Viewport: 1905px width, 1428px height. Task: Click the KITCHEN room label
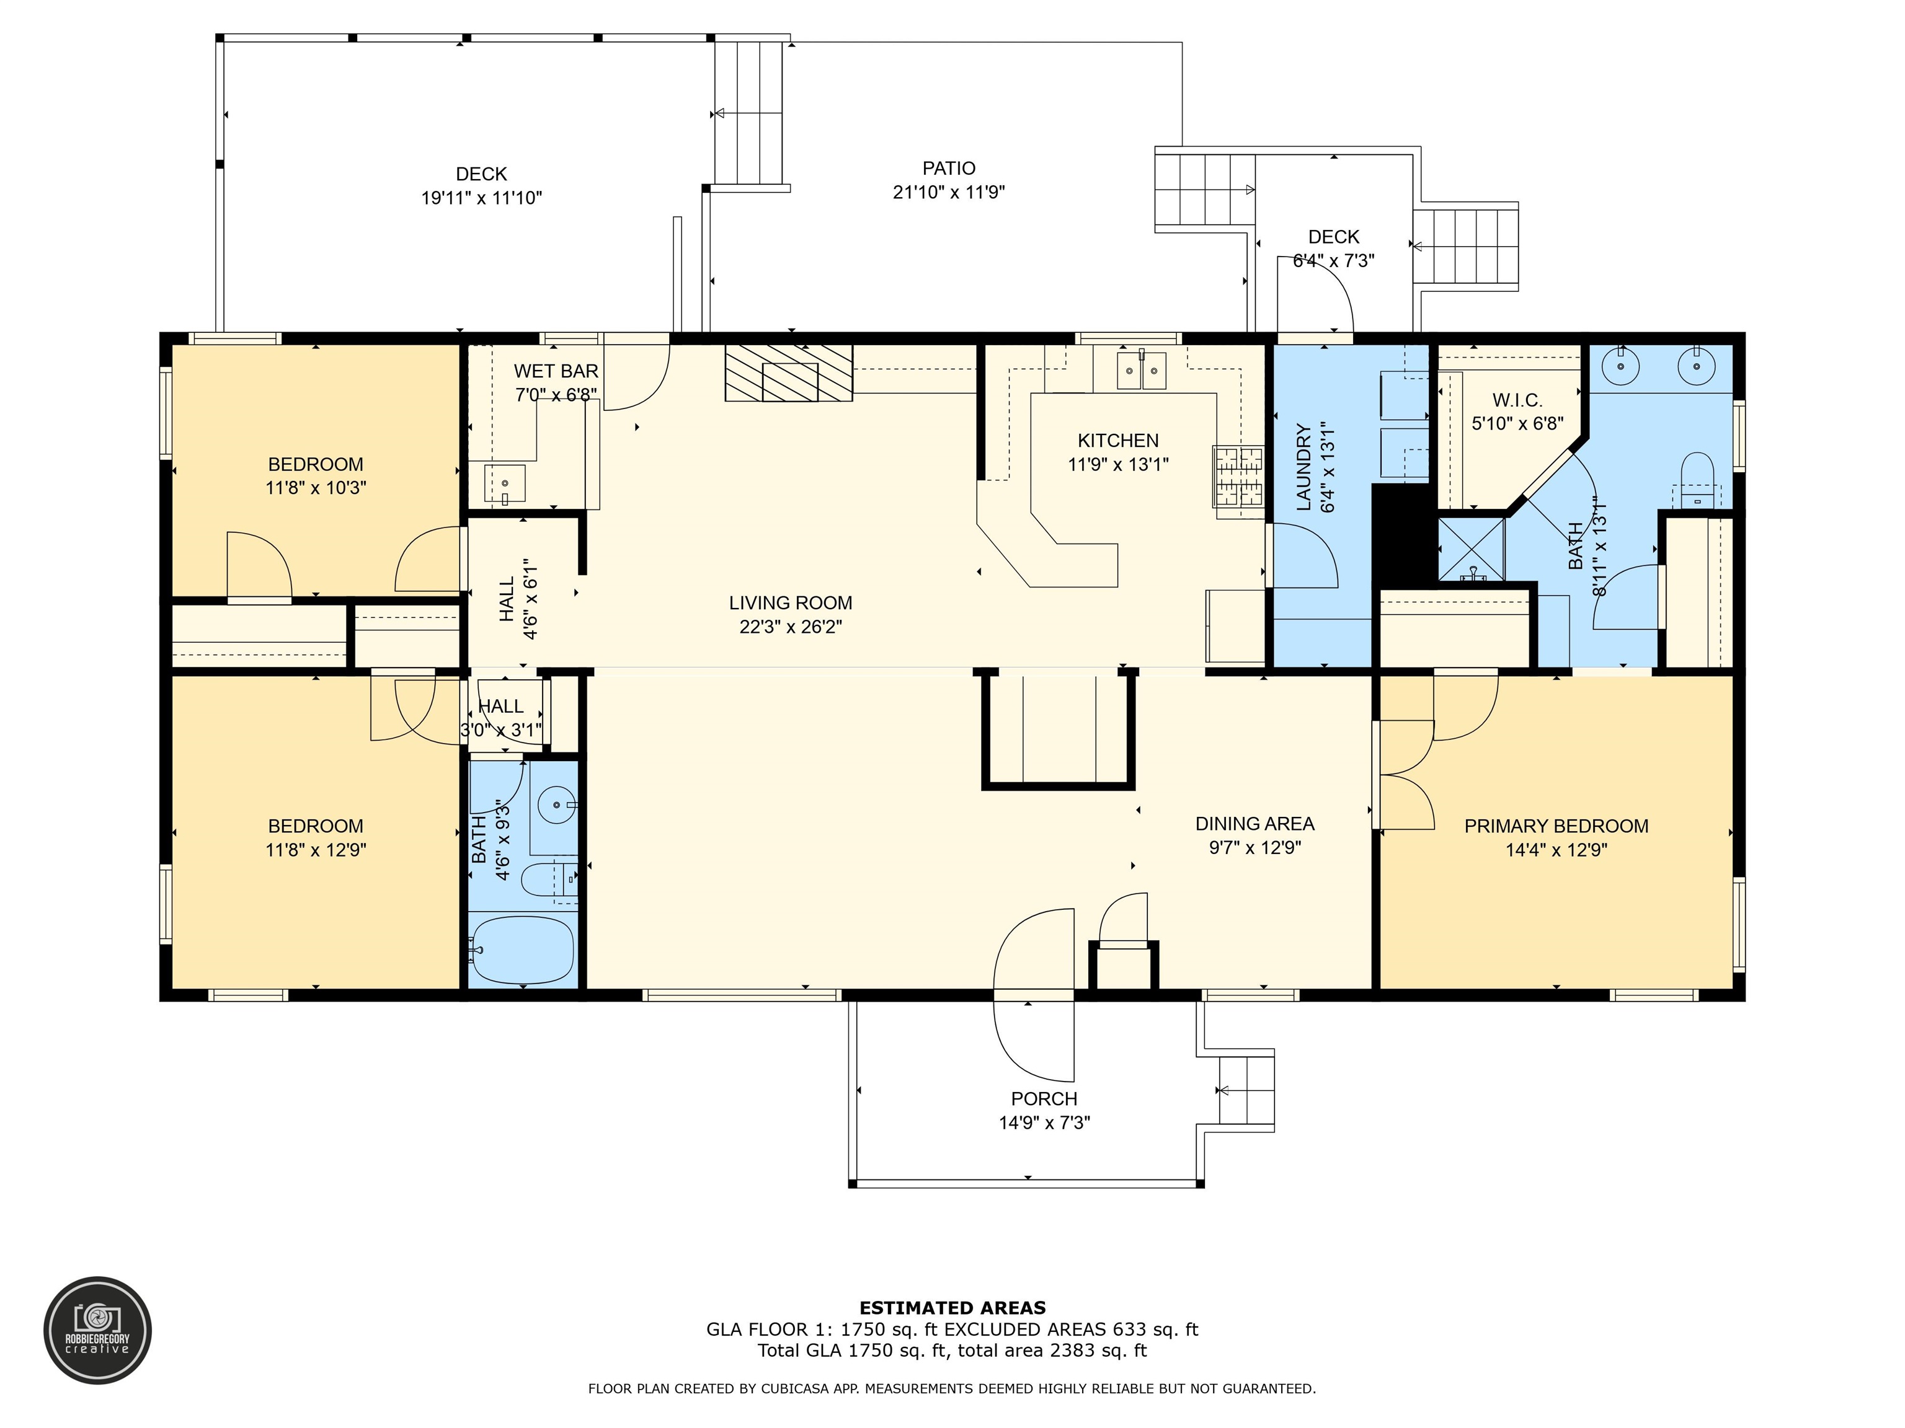click(x=1118, y=441)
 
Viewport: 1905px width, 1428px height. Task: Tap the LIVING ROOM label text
click(x=791, y=604)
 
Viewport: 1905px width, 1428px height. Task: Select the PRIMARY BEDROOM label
click(x=1556, y=826)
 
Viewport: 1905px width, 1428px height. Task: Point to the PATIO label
click(x=949, y=169)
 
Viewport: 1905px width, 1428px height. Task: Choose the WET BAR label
click(x=556, y=371)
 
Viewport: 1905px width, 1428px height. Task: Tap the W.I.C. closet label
click(x=1517, y=400)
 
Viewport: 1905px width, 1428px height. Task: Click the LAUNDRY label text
click(x=1303, y=467)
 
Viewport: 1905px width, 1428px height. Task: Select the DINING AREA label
click(x=1254, y=824)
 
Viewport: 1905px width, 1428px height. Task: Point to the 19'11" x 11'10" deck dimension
click(x=481, y=198)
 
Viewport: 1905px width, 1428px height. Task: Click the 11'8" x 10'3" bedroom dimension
click(x=316, y=488)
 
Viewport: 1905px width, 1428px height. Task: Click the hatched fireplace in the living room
click(x=789, y=372)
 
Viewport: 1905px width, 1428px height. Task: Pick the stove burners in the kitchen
click(x=1238, y=476)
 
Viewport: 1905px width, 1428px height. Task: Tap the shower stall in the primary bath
click(x=1472, y=549)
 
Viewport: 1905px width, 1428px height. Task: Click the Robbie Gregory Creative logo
click(x=97, y=1330)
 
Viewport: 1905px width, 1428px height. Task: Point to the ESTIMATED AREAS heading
click(x=952, y=1308)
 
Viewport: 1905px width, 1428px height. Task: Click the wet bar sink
click(x=505, y=483)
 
